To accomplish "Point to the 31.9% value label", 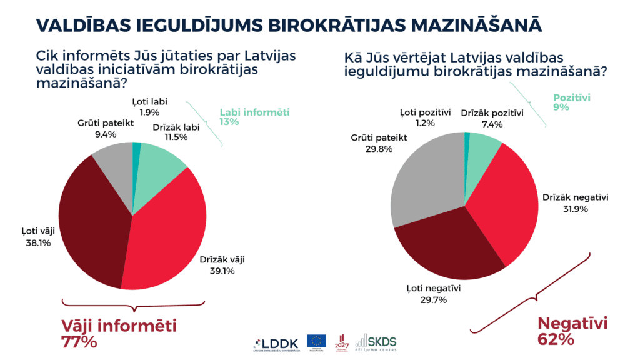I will (575, 209).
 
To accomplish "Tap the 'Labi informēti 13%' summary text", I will (254, 117).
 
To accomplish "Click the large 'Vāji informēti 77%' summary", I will (119, 334).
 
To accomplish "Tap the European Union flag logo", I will (316, 341).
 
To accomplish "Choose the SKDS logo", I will (376, 342).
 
